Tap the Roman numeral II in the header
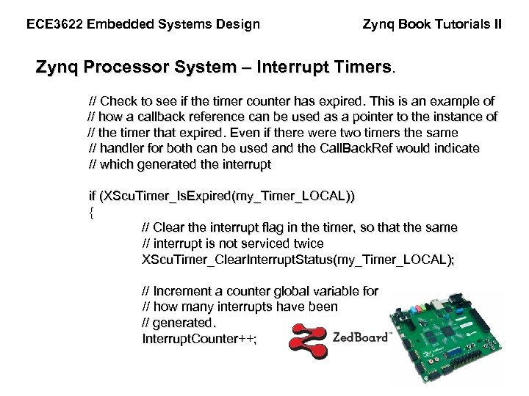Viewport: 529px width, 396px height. [x=497, y=24]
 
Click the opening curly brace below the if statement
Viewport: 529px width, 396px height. [x=91, y=212]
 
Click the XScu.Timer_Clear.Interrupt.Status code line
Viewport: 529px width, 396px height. [x=298, y=260]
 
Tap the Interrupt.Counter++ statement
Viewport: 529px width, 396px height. [x=199, y=339]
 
